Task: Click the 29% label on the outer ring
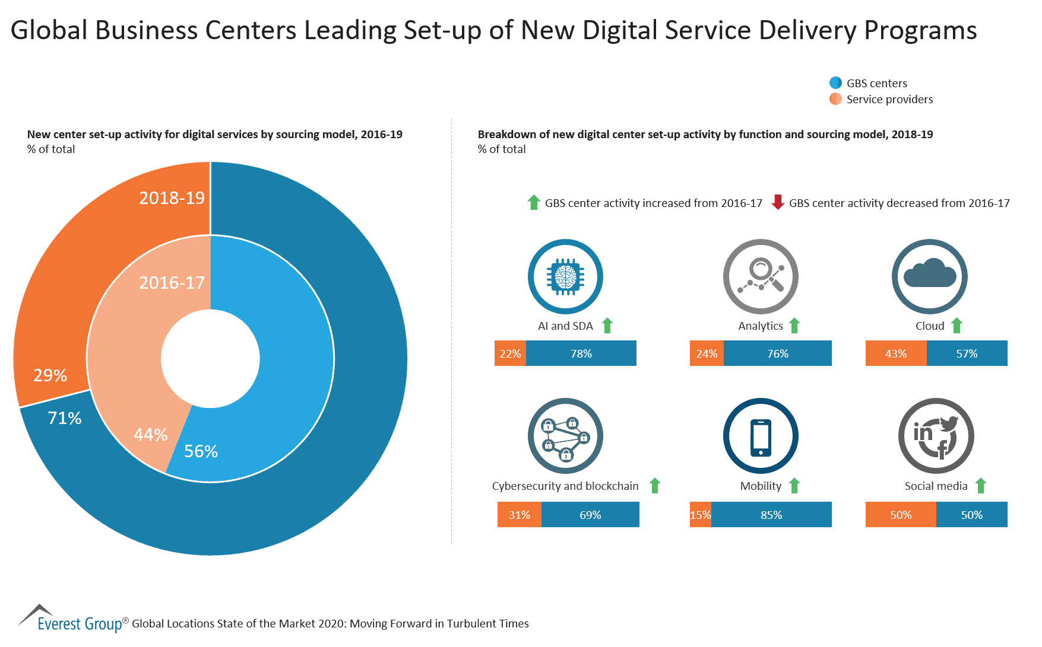pos(50,375)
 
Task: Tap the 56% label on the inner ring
pos(201,451)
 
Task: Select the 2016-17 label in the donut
pos(172,283)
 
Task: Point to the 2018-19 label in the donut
pos(172,197)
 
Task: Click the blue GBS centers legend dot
pos(835,83)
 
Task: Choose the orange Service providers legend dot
pos(835,99)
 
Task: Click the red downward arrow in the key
pos(778,203)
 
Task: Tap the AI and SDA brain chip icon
pos(565,276)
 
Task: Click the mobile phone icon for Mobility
pos(761,436)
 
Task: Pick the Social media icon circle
pos(936,436)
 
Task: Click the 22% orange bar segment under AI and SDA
pos(510,353)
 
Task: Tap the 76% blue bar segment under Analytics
pos(777,353)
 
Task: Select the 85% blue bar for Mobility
pos(771,515)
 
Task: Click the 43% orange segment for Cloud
pos(896,353)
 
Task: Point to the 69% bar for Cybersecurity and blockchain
pos(590,515)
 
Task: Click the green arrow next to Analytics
pos(794,326)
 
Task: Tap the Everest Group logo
pos(71,620)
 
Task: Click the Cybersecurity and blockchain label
pos(565,486)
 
